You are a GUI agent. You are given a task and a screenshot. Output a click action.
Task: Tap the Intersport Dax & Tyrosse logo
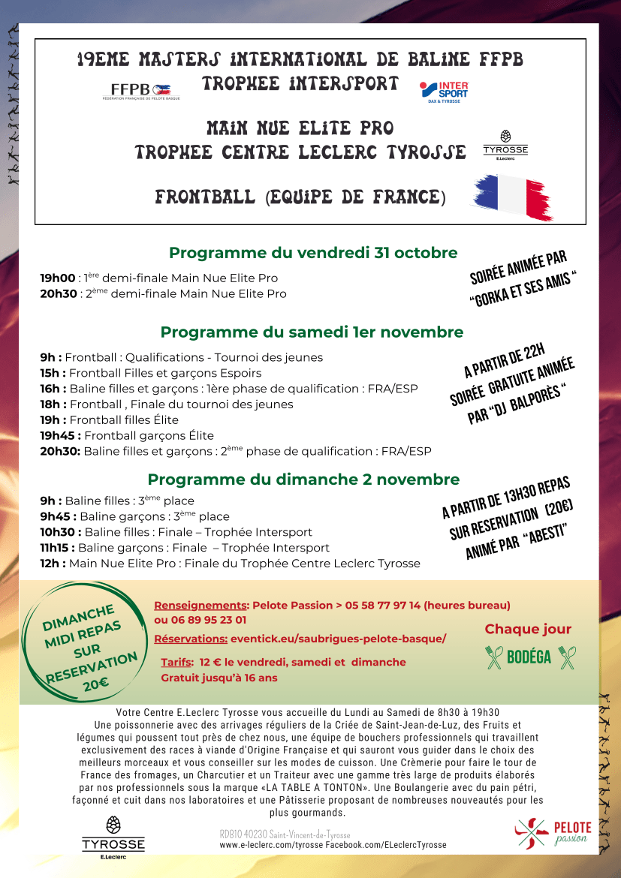pyautogui.click(x=445, y=92)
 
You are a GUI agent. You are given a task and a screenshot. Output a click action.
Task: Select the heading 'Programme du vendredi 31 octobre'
pyautogui.click(x=313, y=253)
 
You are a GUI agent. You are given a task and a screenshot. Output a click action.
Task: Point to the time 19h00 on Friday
pyautogui.click(x=57, y=278)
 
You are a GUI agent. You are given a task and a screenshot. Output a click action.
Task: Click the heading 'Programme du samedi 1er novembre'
pyautogui.click(x=312, y=332)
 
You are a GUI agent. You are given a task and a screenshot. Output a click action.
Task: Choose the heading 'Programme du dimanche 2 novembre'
pyautogui.click(x=303, y=480)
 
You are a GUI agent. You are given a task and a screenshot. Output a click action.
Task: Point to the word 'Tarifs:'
pyautogui.click(x=176, y=662)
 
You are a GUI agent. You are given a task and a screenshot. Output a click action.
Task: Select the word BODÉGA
pyautogui.click(x=529, y=657)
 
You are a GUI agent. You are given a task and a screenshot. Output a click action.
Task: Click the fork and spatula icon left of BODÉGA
pyautogui.click(x=494, y=657)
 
